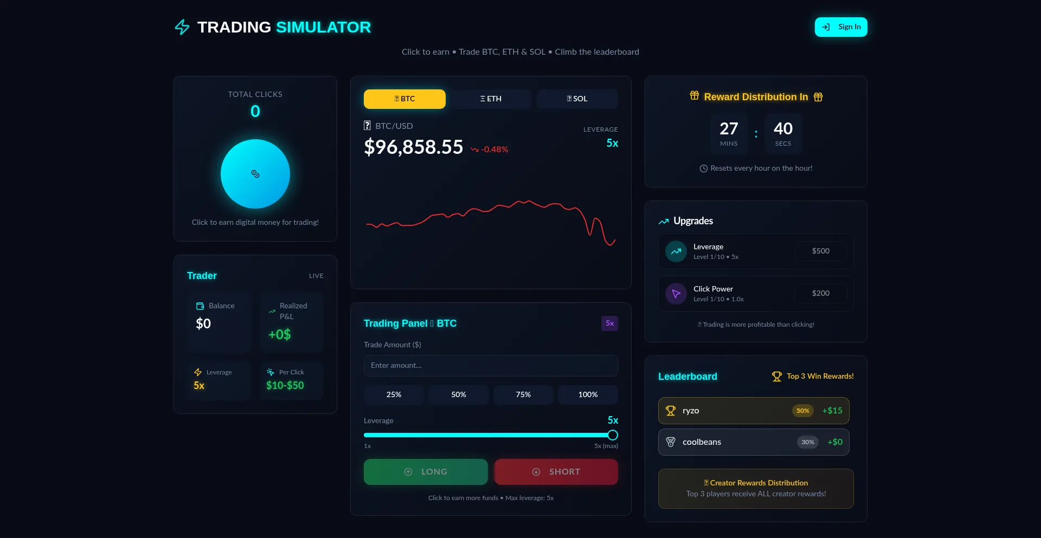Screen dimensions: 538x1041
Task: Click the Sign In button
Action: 840,27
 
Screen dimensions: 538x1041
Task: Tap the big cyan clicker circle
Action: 255,174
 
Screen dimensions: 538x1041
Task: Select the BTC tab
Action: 404,99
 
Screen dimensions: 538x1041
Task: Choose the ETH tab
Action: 491,99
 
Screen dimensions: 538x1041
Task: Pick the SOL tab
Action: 577,99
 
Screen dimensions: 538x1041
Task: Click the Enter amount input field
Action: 491,366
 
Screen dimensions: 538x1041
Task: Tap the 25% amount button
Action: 394,394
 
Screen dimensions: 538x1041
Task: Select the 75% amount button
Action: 523,394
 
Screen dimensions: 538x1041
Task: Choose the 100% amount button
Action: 588,394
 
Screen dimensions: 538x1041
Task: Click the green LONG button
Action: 426,472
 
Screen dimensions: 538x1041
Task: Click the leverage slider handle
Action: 613,435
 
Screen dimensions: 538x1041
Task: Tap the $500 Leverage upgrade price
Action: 820,251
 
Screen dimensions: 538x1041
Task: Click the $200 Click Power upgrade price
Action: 820,293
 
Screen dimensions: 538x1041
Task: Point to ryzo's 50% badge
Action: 802,411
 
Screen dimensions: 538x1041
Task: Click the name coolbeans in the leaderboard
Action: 702,442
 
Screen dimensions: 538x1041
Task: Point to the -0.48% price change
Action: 494,150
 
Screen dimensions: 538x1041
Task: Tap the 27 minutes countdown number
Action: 729,128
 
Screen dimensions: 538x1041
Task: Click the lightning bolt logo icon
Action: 182,27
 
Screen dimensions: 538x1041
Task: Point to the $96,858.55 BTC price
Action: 414,147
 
